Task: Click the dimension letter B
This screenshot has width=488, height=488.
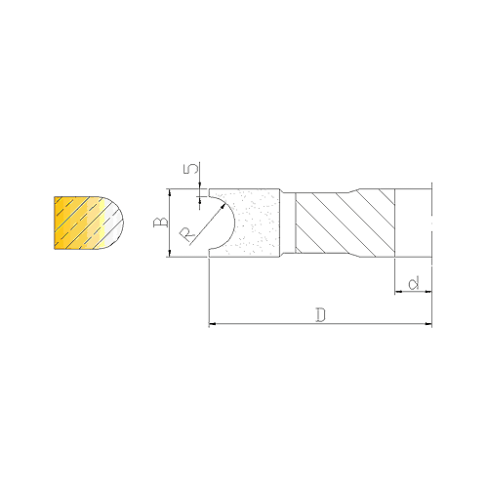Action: click(x=161, y=223)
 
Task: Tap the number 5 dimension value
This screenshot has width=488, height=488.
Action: click(x=191, y=169)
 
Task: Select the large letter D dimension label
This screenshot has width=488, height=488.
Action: click(x=321, y=315)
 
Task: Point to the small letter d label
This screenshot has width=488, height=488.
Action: click(x=414, y=283)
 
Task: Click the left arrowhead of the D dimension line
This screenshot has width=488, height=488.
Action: click(x=212, y=324)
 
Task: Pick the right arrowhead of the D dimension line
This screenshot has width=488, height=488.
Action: click(x=428, y=324)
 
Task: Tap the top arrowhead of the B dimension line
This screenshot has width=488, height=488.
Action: click(x=170, y=192)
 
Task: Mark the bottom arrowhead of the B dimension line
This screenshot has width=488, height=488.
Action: click(x=170, y=253)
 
